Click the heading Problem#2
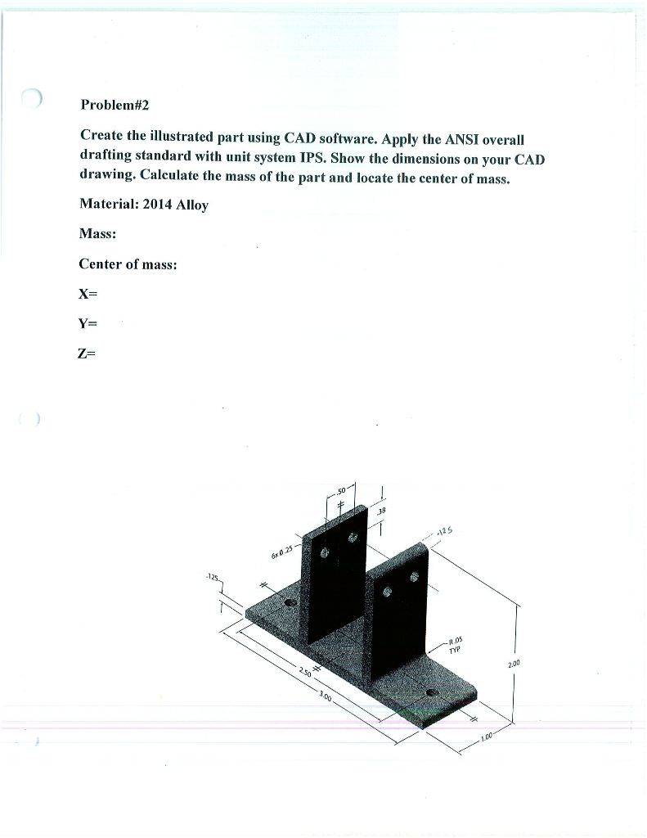click(x=115, y=106)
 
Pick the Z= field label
click(x=88, y=353)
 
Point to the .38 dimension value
click(x=380, y=509)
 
